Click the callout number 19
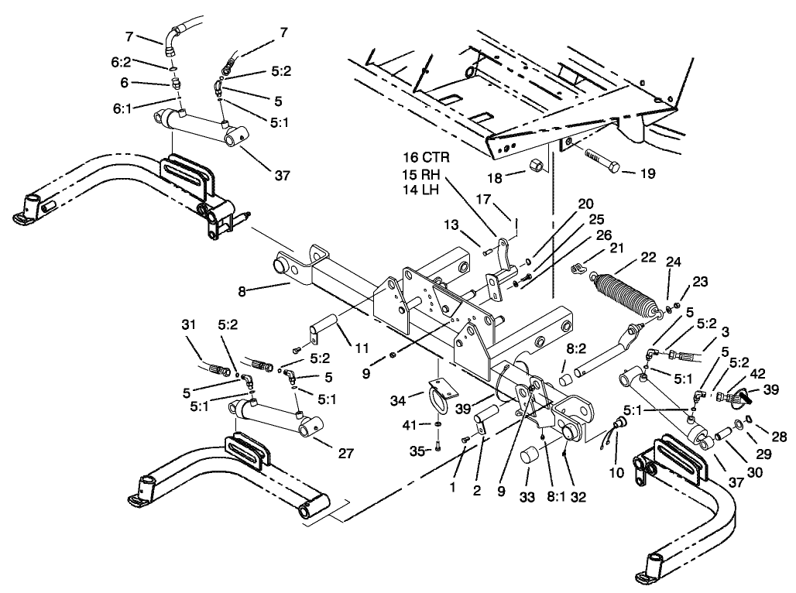click(647, 173)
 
